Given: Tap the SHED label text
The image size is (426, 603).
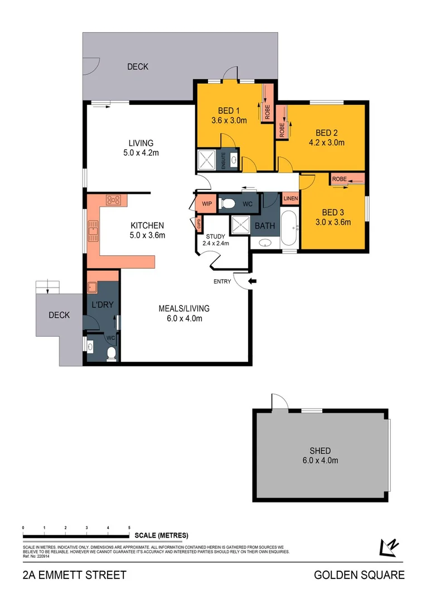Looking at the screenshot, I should (320, 451).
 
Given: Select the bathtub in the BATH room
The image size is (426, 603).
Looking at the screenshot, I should (289, 228).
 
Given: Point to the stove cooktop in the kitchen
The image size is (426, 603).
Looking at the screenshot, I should (114, 200).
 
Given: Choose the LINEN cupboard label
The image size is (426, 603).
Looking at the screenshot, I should (291, 199).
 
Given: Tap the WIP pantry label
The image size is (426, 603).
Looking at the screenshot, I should (207, 204).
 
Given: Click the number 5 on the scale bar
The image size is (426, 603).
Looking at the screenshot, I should (129, 527).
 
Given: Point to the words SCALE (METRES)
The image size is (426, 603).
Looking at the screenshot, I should (162, 535).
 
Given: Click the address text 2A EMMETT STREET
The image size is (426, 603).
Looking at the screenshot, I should (75, 575).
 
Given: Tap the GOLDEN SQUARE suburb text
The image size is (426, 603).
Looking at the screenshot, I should (359, 575).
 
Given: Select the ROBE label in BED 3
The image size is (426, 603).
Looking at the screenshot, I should (339, 179).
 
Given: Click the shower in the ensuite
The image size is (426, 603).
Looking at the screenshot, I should (207, 159).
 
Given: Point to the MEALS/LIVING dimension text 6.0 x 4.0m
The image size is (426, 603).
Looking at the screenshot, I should (180, 319).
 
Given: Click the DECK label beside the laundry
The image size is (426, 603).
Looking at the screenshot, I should (59, 315).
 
